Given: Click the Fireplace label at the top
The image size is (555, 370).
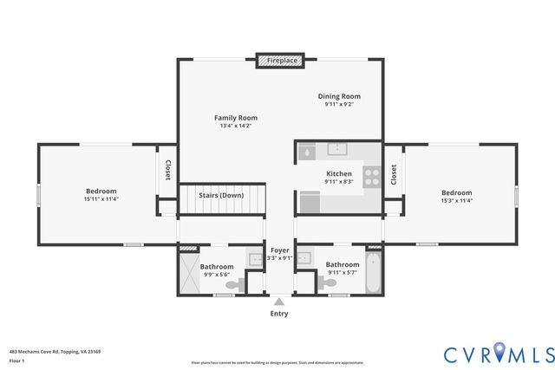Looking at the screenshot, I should click(282, 62).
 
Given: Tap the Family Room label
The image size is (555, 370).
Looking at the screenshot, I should click(236, 118).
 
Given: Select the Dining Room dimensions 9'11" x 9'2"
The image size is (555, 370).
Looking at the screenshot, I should click(338, 104).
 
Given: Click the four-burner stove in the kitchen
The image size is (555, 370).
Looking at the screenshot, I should click(371, 176).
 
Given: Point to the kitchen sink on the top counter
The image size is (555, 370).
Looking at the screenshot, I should click(338, 149).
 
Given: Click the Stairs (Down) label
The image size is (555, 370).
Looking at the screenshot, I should click(220, 196).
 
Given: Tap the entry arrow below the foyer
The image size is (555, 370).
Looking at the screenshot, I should click(278, 302).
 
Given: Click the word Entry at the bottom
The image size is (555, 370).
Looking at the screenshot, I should click(278, 314).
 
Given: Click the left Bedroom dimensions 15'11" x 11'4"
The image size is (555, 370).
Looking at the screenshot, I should click(101, 199).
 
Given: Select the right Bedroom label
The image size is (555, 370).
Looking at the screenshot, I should click(456, 192).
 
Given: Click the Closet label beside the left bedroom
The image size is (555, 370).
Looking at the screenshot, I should click(167, 171).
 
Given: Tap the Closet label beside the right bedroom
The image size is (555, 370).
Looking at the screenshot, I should click(393, 175).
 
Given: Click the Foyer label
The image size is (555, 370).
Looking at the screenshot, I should click(278, 250).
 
